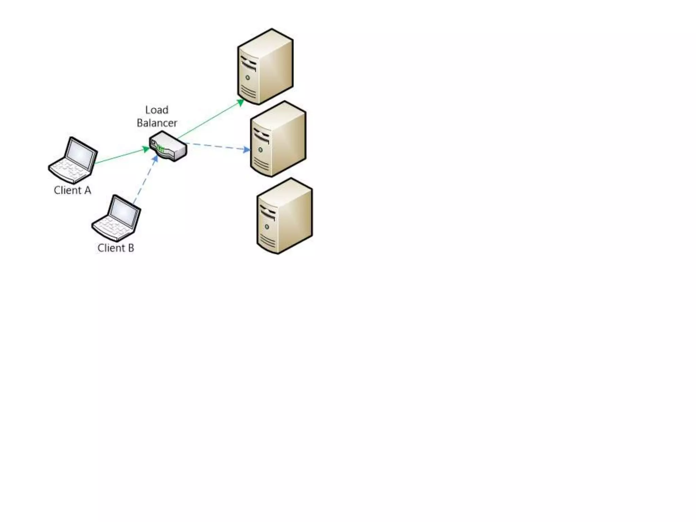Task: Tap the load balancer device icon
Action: pos(168,146)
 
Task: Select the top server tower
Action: pos(265,67)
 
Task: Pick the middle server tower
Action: pos(278,139)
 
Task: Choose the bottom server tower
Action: pos(284,216)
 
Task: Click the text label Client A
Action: pos(72,190)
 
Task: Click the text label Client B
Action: pos(116,248)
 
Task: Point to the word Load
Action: pos(157,110)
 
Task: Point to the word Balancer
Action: pos(157,123)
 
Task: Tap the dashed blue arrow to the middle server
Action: pos(217,146)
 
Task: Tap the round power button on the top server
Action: pos(248,78)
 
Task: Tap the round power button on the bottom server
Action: pos(267,227)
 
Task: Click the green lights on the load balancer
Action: pos(161,149)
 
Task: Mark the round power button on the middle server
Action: pos(260,150)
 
